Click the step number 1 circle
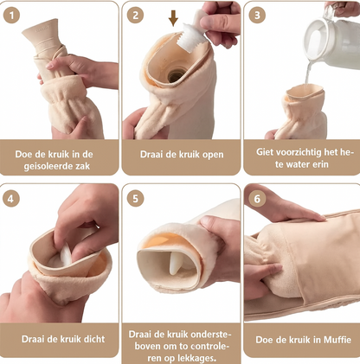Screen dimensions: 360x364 click(x=11, y=16)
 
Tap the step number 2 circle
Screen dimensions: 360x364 click(x=135, y=16)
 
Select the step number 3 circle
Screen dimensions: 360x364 click(x=257, y=16)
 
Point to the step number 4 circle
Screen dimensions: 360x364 click(x=11, y=199)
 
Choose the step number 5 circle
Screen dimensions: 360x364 click(x=135, y=199)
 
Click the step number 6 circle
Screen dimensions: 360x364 click(x=257, y=199)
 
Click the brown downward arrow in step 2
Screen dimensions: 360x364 click(x=173, y=18)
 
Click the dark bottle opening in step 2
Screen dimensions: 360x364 click(x=175, y=75)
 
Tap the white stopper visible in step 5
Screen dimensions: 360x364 click(x=176, y=262)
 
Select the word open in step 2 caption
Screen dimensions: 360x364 click(x=213, y=155)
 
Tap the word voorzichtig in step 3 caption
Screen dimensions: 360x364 click(x=292, y=152)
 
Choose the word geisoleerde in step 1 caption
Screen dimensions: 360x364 click(x=45, y=167)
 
